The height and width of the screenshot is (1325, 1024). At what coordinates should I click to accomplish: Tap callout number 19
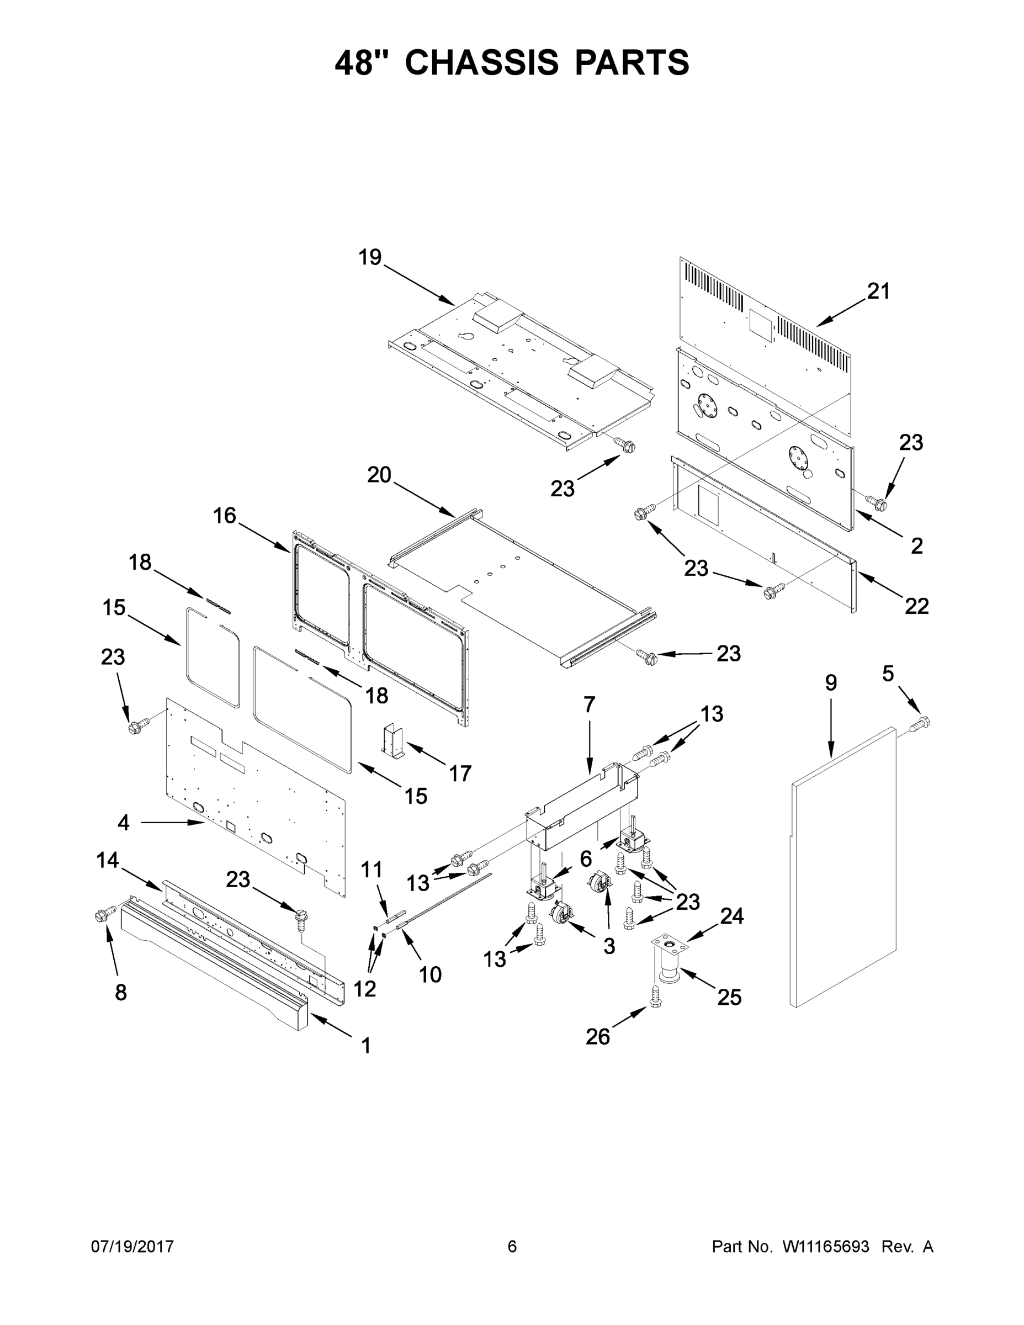tap(369, 257)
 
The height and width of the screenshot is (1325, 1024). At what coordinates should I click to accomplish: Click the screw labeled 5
tap(922, 722)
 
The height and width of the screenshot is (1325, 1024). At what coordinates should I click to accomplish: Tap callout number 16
tap(224, 516)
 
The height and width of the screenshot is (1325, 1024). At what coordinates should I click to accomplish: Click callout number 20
tap(379, 474)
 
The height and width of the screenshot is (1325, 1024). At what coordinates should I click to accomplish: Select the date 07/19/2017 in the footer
tap(132, 1246)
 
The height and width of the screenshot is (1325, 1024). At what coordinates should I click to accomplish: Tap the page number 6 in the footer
tap(512, 1246)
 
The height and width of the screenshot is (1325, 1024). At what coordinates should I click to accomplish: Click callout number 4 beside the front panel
tap(123, 823)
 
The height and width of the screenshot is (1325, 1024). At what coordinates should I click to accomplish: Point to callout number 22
tap(916, 606)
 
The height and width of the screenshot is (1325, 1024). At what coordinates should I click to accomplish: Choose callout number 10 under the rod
tap(429, 974)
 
